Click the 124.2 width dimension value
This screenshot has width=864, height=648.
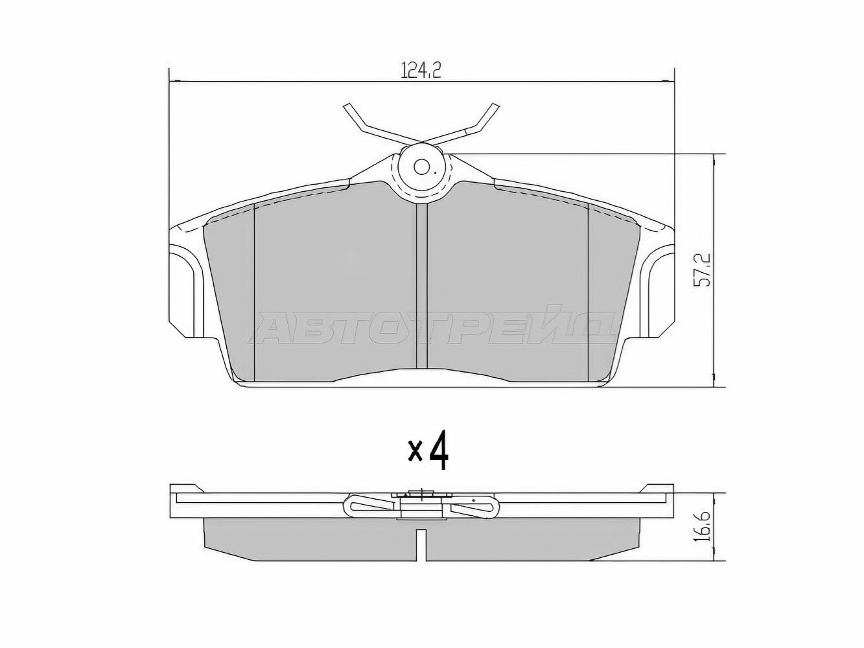click(421, 70)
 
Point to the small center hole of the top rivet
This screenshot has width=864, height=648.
click(421, 167)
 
